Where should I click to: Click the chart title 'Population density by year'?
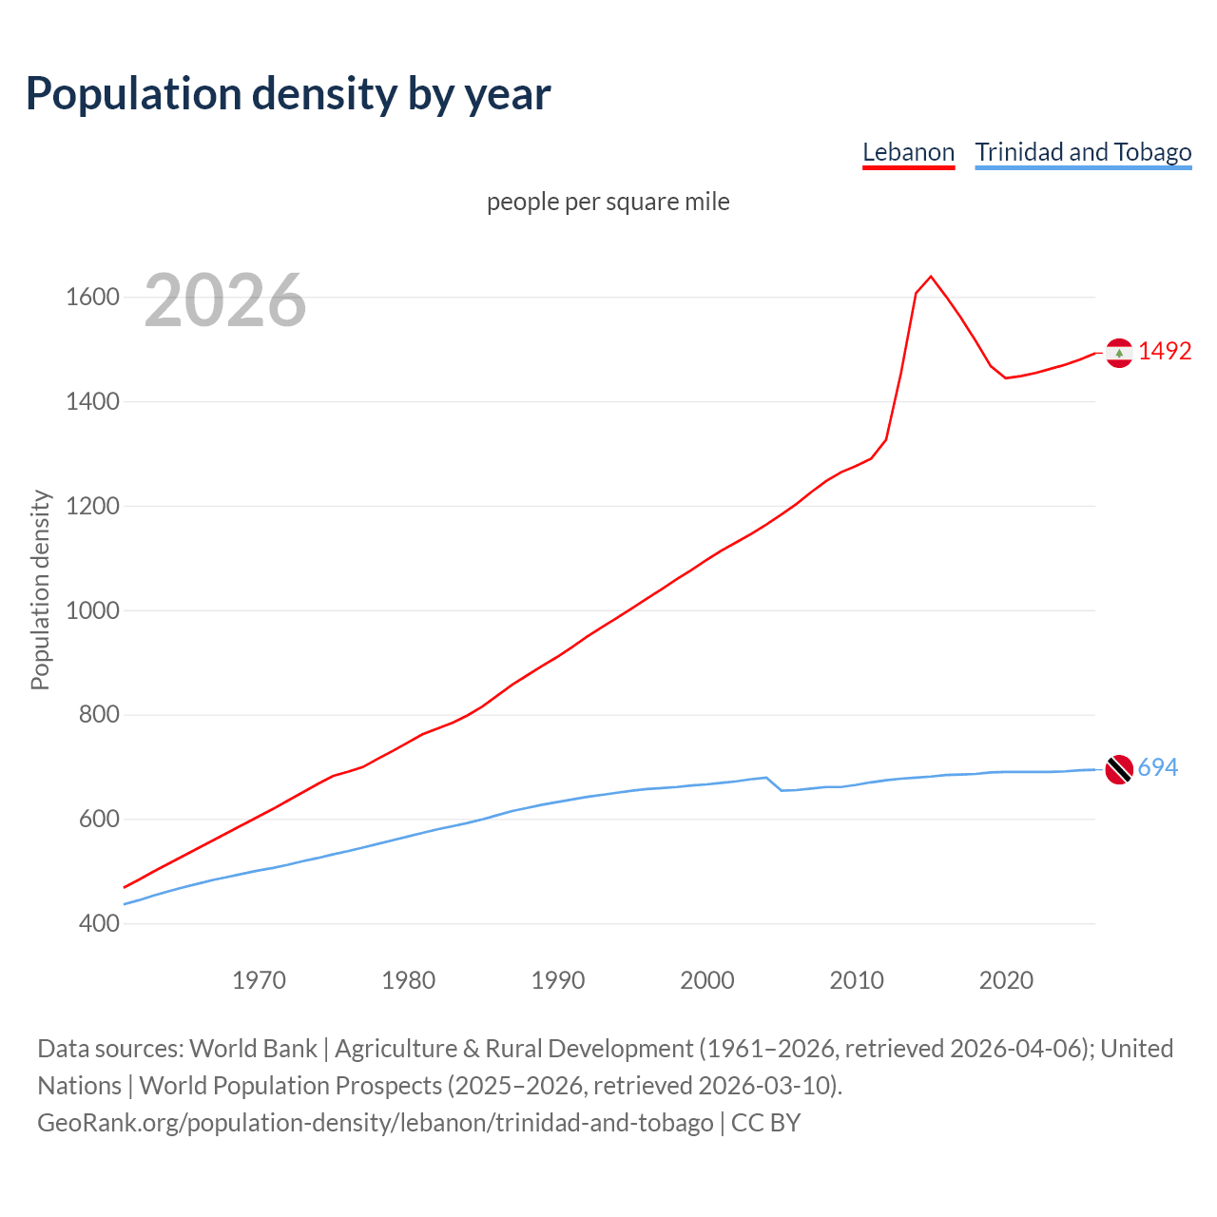click(x=288, y=94)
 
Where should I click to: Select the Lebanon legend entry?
click(x=908, y=152)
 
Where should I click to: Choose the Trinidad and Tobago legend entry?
click(x=1083, y=152)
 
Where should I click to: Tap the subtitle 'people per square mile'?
click(x=608, y=202)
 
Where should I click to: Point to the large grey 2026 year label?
click(x=225, y=300)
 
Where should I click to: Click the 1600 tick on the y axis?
click(x=92, y=298)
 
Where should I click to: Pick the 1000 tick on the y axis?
click(x=92, y=610)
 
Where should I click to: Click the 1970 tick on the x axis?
click(x=259, y=980)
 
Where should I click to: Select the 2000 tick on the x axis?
click(x=707, y=980)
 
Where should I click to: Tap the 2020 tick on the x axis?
click(x=1006, y=980)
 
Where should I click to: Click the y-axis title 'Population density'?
click(x=40, y=589)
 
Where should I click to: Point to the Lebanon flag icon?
click(x=1119, y=353)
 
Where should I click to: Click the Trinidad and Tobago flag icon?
click(x=1119, y=769)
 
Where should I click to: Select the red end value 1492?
click(x=1165, y=351)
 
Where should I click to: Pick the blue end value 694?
click(x=1158, y=767)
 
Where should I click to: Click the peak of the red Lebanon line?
click(x=931, y=277)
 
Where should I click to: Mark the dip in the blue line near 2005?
click(x=782, y=790)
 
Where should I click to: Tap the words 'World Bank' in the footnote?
click(x=253, y=1049)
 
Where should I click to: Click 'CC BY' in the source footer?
click(x=766, y=1123)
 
